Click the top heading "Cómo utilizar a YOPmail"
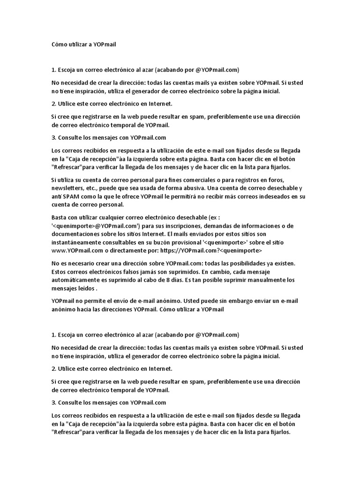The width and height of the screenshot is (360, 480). pyautogui.click(x=83, y=45)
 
